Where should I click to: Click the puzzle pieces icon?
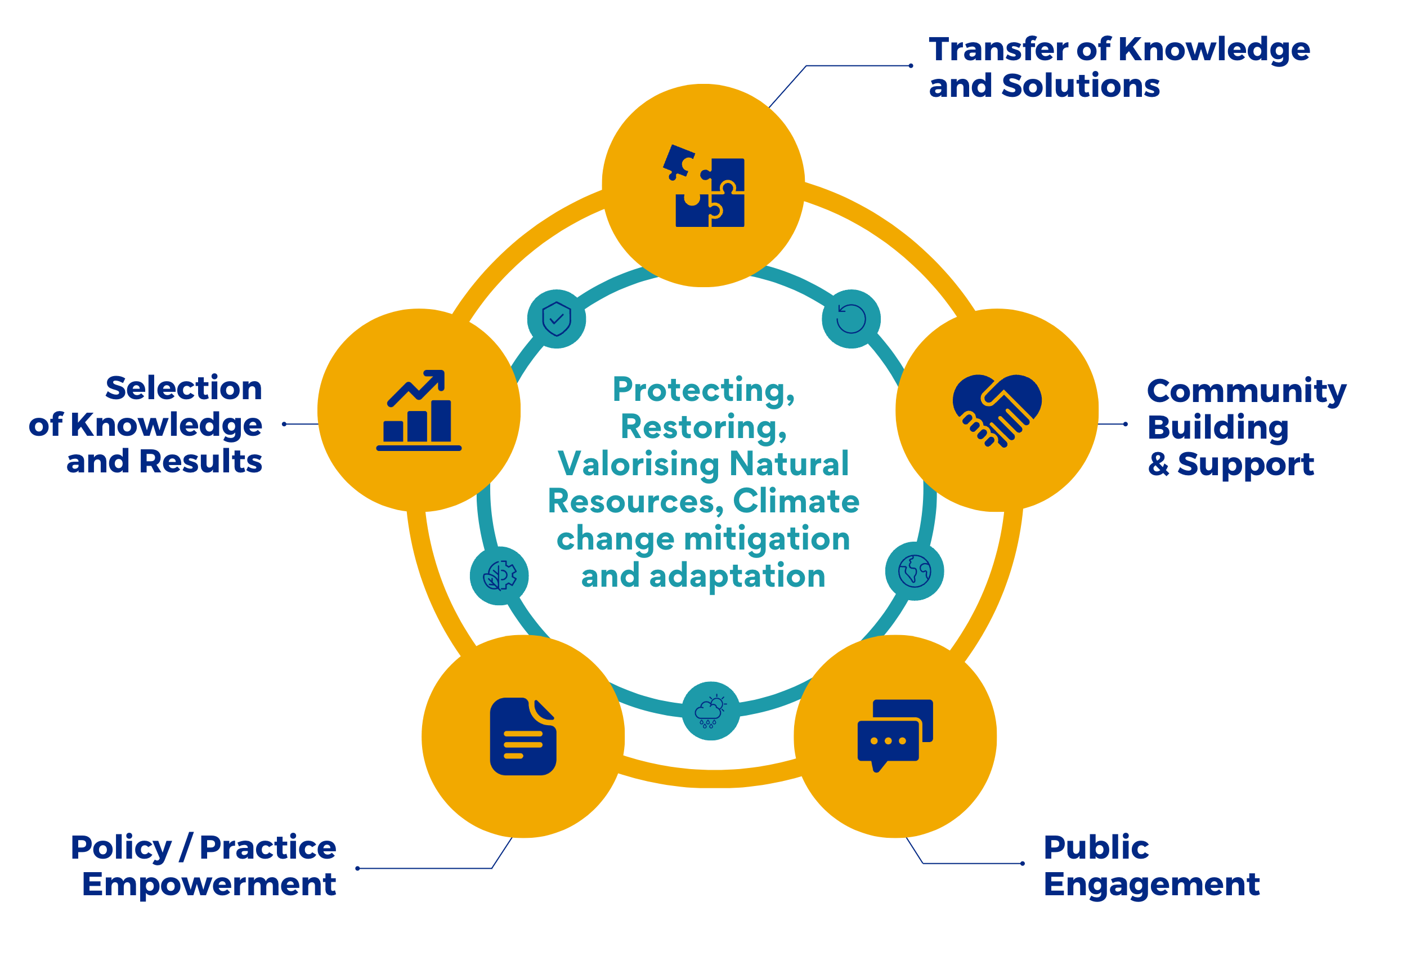[704, 186]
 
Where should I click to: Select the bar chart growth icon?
[418, 410]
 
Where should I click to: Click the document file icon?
[522, 736]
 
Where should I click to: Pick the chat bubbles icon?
[895, 735]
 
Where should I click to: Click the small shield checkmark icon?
[556, 319]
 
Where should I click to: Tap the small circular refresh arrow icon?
[851, 319]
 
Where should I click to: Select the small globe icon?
[914, 571]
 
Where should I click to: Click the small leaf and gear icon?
[500, 576]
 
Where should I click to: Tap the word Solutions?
[1081, 86]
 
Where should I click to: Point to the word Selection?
[184, 388]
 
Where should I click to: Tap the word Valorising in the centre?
[638, 464]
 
